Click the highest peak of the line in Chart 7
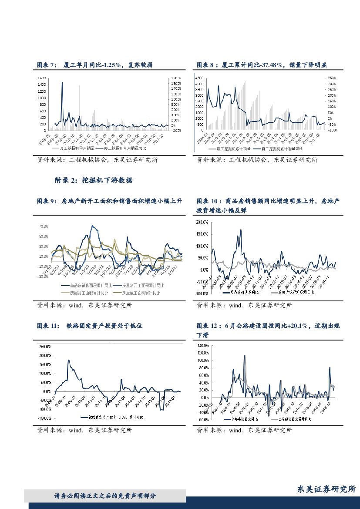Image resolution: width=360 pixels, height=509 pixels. pos(62,82)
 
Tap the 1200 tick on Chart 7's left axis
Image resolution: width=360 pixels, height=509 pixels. pos(42,91)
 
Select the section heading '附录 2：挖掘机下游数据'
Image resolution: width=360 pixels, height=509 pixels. pos(94,180)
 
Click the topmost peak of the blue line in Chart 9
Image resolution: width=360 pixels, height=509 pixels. pos(92,226)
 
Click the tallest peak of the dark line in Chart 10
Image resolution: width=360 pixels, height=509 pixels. pos(240,230)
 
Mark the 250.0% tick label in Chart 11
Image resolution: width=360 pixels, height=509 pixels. pos(46,347)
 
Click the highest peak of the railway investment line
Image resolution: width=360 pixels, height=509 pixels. pos(68,360)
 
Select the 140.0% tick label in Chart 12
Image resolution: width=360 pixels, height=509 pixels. pos(203,346)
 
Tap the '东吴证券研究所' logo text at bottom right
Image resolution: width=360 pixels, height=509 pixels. pos(326,489)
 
